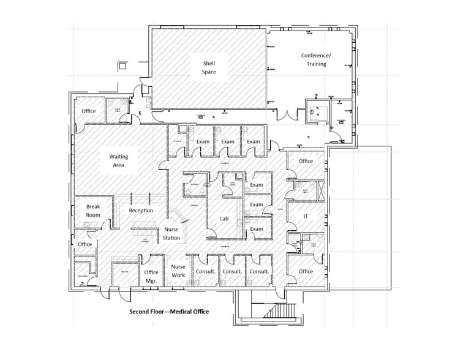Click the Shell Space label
209,68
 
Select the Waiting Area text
119,160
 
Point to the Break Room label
92,211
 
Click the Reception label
141,211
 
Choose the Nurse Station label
171,233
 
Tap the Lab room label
224,218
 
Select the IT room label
306,217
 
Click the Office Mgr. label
151,276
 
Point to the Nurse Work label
178,271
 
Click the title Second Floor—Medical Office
168,312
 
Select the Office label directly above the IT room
306,161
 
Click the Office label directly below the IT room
306,271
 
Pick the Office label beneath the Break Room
85,244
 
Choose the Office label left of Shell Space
89,111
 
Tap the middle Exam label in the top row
228,141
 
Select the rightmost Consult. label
260,271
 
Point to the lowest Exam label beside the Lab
256,229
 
